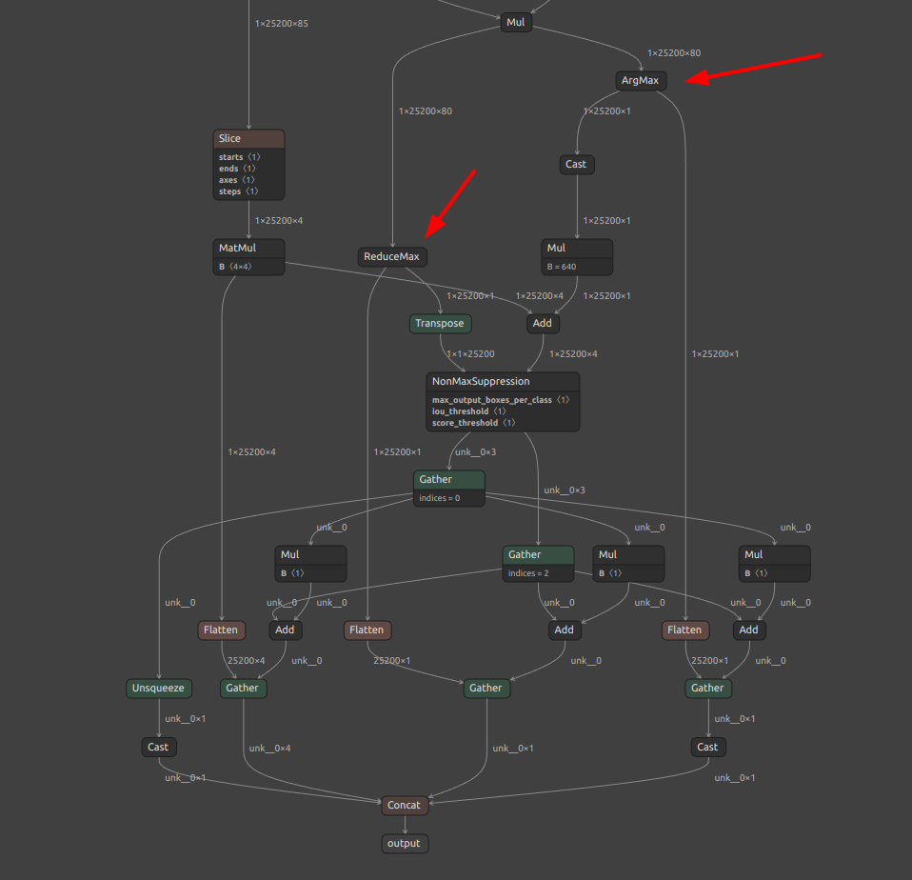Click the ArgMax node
click(x=641, y=80)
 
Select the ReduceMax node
click(x=392, y=257)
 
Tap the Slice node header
click(x=248, y=138)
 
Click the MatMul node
click(x=248, y=257)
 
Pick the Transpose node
click(x=441, y=324)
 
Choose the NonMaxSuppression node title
click(x=481, y=381)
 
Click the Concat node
click(x=405, y=805)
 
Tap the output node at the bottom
click(x=405, y=844)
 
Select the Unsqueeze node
click(x=159, y=688)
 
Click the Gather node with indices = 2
click(x=538, y=564)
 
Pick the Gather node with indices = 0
click(x=449, y=489)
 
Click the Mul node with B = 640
click(x=576, y=257)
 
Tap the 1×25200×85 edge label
click(x=282, y=23)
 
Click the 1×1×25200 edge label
click(x=470, y=354)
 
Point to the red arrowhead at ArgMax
click(x=697, y=78)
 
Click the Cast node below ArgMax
click(x=576, y=164)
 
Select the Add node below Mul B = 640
click(x=543, y=324)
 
